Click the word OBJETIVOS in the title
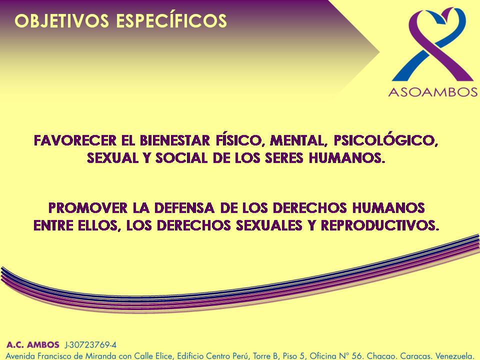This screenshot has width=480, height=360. pyautogui.click(x=62, y=21)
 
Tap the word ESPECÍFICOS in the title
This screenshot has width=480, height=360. pyautogui.click(x=171, y=20)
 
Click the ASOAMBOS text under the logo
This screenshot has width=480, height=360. pyautogui.click(x=433, y=92)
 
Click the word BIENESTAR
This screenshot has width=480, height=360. pyautogui.click(x=175, y=140)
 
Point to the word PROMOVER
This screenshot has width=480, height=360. pyautogui.click(x=88, y=208)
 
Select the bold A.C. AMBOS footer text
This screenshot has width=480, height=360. pyautogui.click(x=33, y=344)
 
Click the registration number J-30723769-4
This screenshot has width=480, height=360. pyautogui.click(x=90, y=345)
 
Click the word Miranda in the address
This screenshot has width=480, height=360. pyautogui.click(x=98, y=356)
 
